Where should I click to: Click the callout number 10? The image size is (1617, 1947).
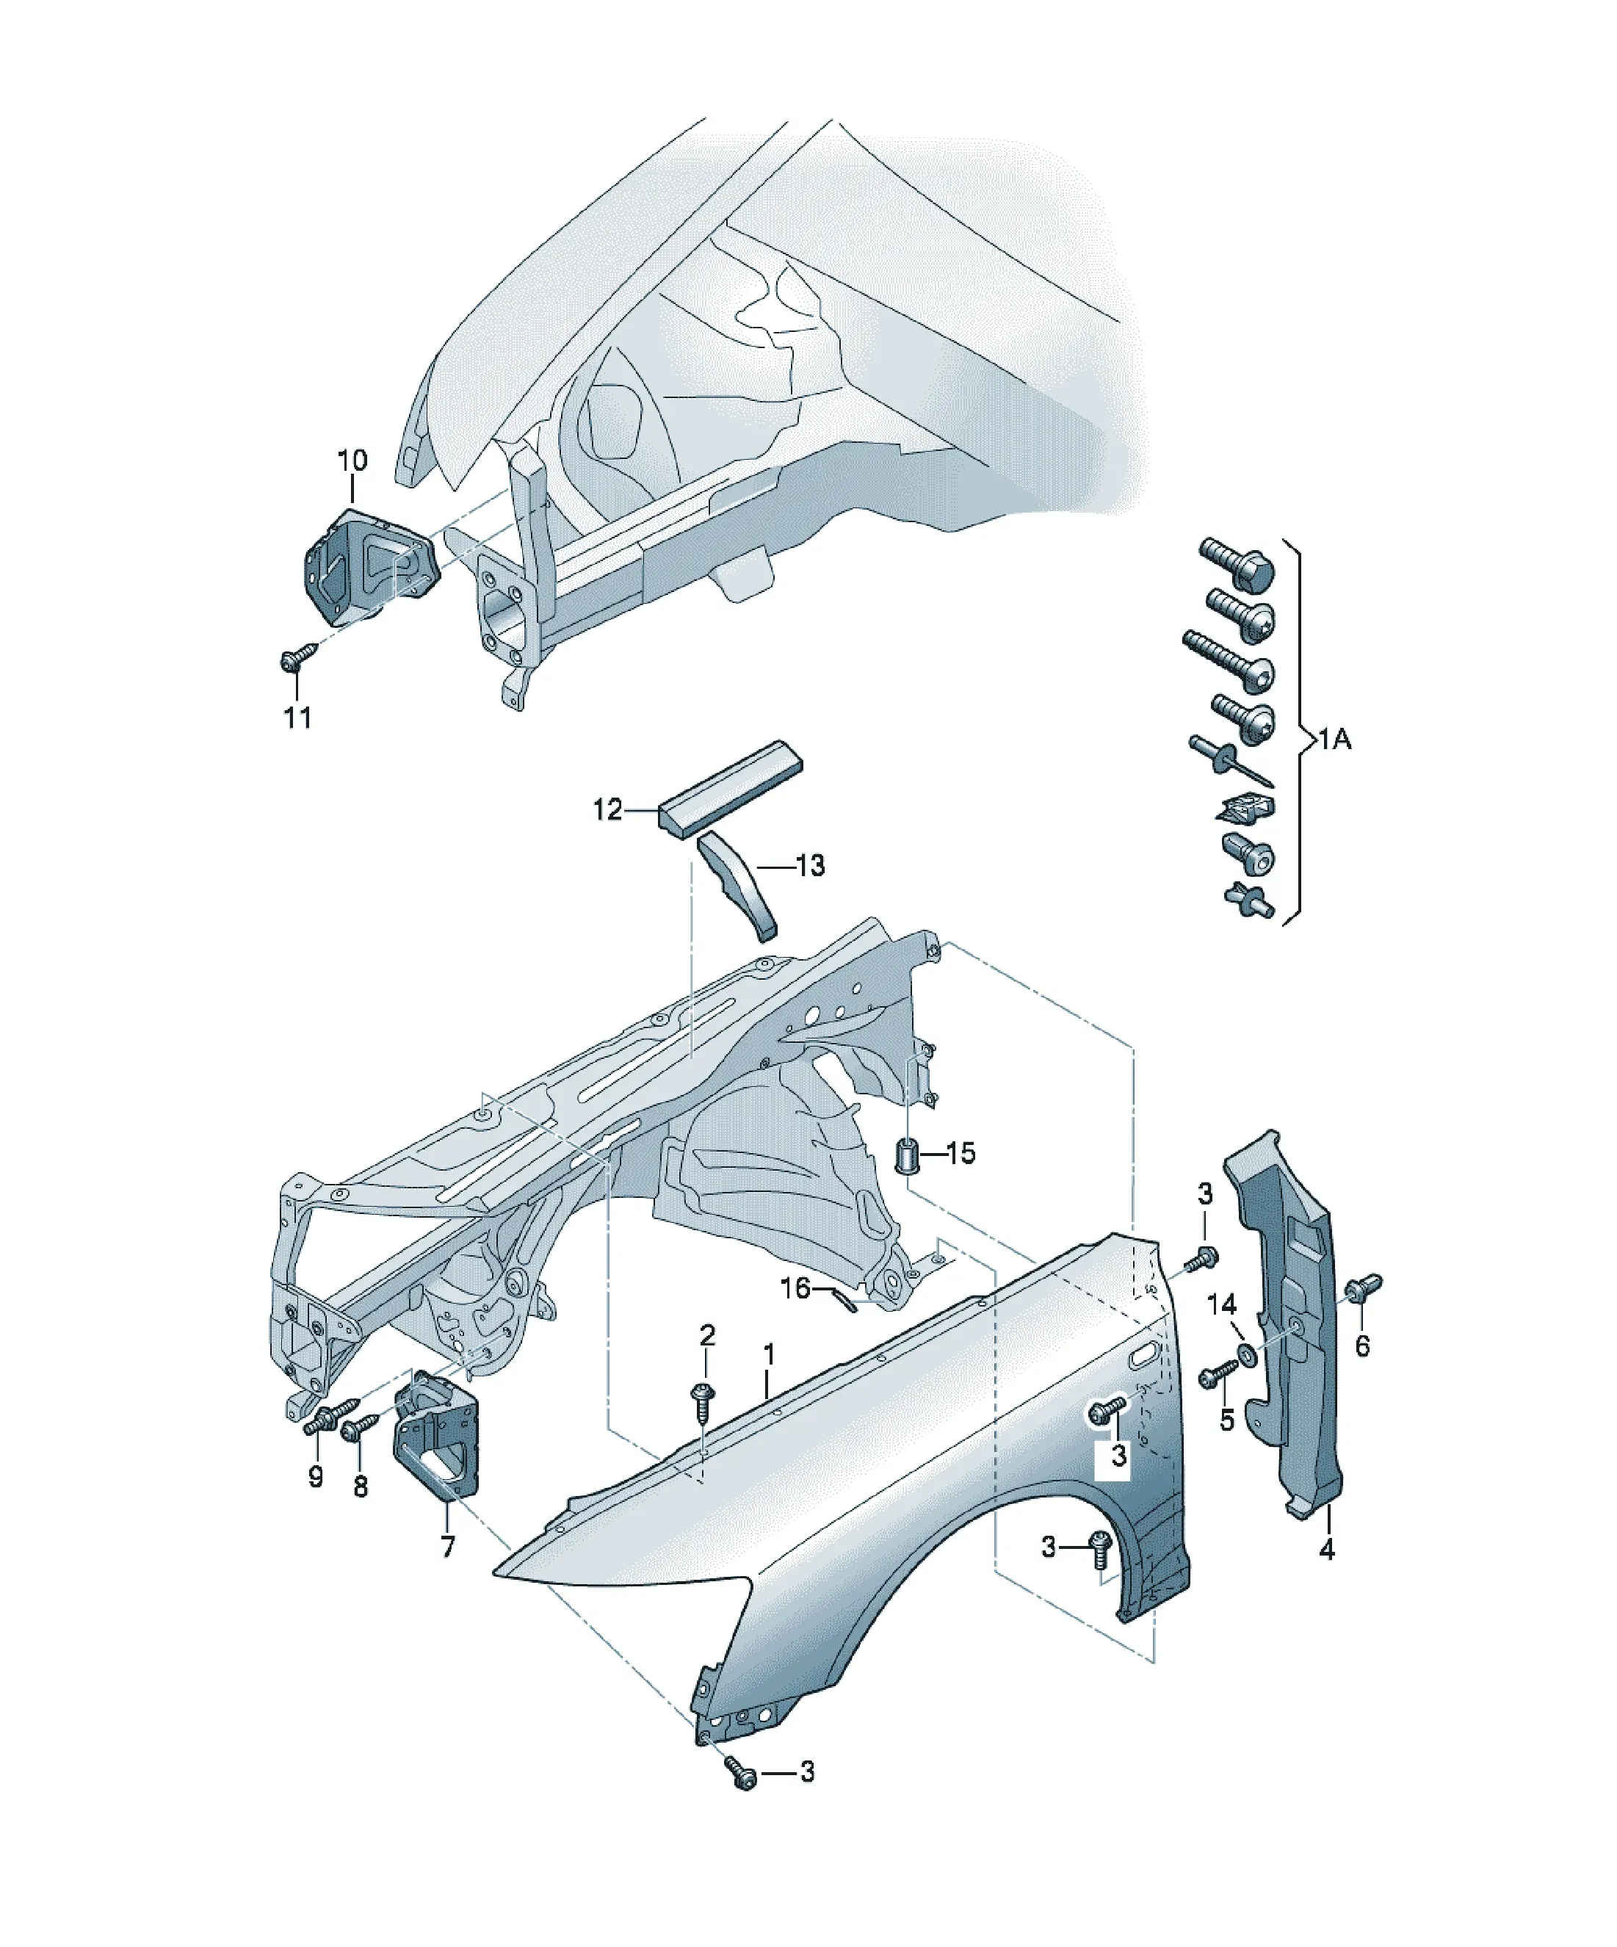tap(352, 460)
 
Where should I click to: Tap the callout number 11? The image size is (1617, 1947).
tap(297, 717)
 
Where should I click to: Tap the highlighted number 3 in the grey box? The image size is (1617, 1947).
tap(1119, 1455)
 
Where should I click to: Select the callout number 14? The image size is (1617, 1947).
tap(1222, 1304)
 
